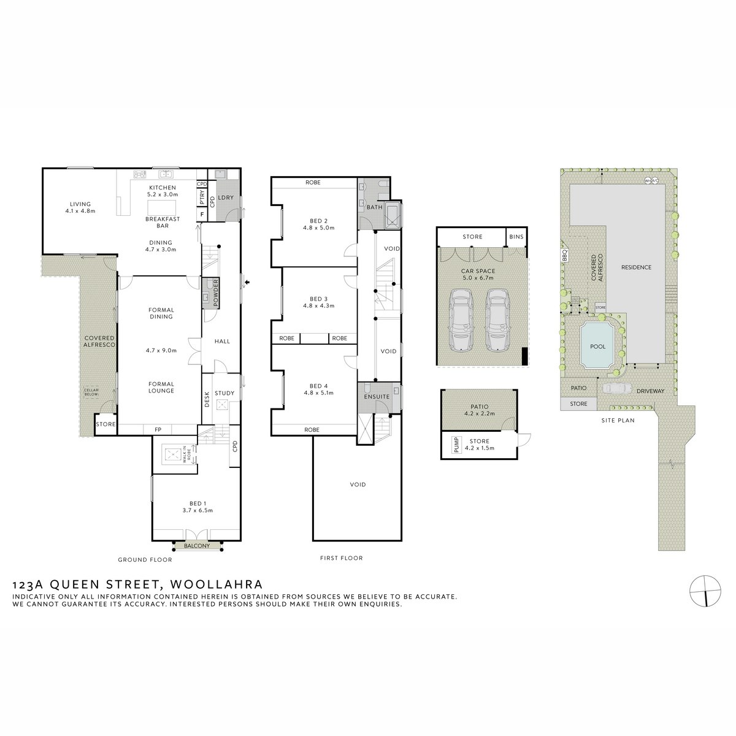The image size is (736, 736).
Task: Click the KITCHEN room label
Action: pos(163,188)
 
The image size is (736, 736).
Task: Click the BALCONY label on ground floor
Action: pos(196,546)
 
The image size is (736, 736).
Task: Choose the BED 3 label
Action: pos(318,301)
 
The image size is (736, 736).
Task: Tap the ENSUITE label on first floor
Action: pos(376,397)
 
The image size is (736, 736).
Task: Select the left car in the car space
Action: pos(461,319)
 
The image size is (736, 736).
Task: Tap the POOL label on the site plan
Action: pos(597,347)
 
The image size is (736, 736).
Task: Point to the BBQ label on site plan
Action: pos(564,255)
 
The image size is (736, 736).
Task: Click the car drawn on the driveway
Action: pos(616,388)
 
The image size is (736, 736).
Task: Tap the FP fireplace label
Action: pos(158,429)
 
